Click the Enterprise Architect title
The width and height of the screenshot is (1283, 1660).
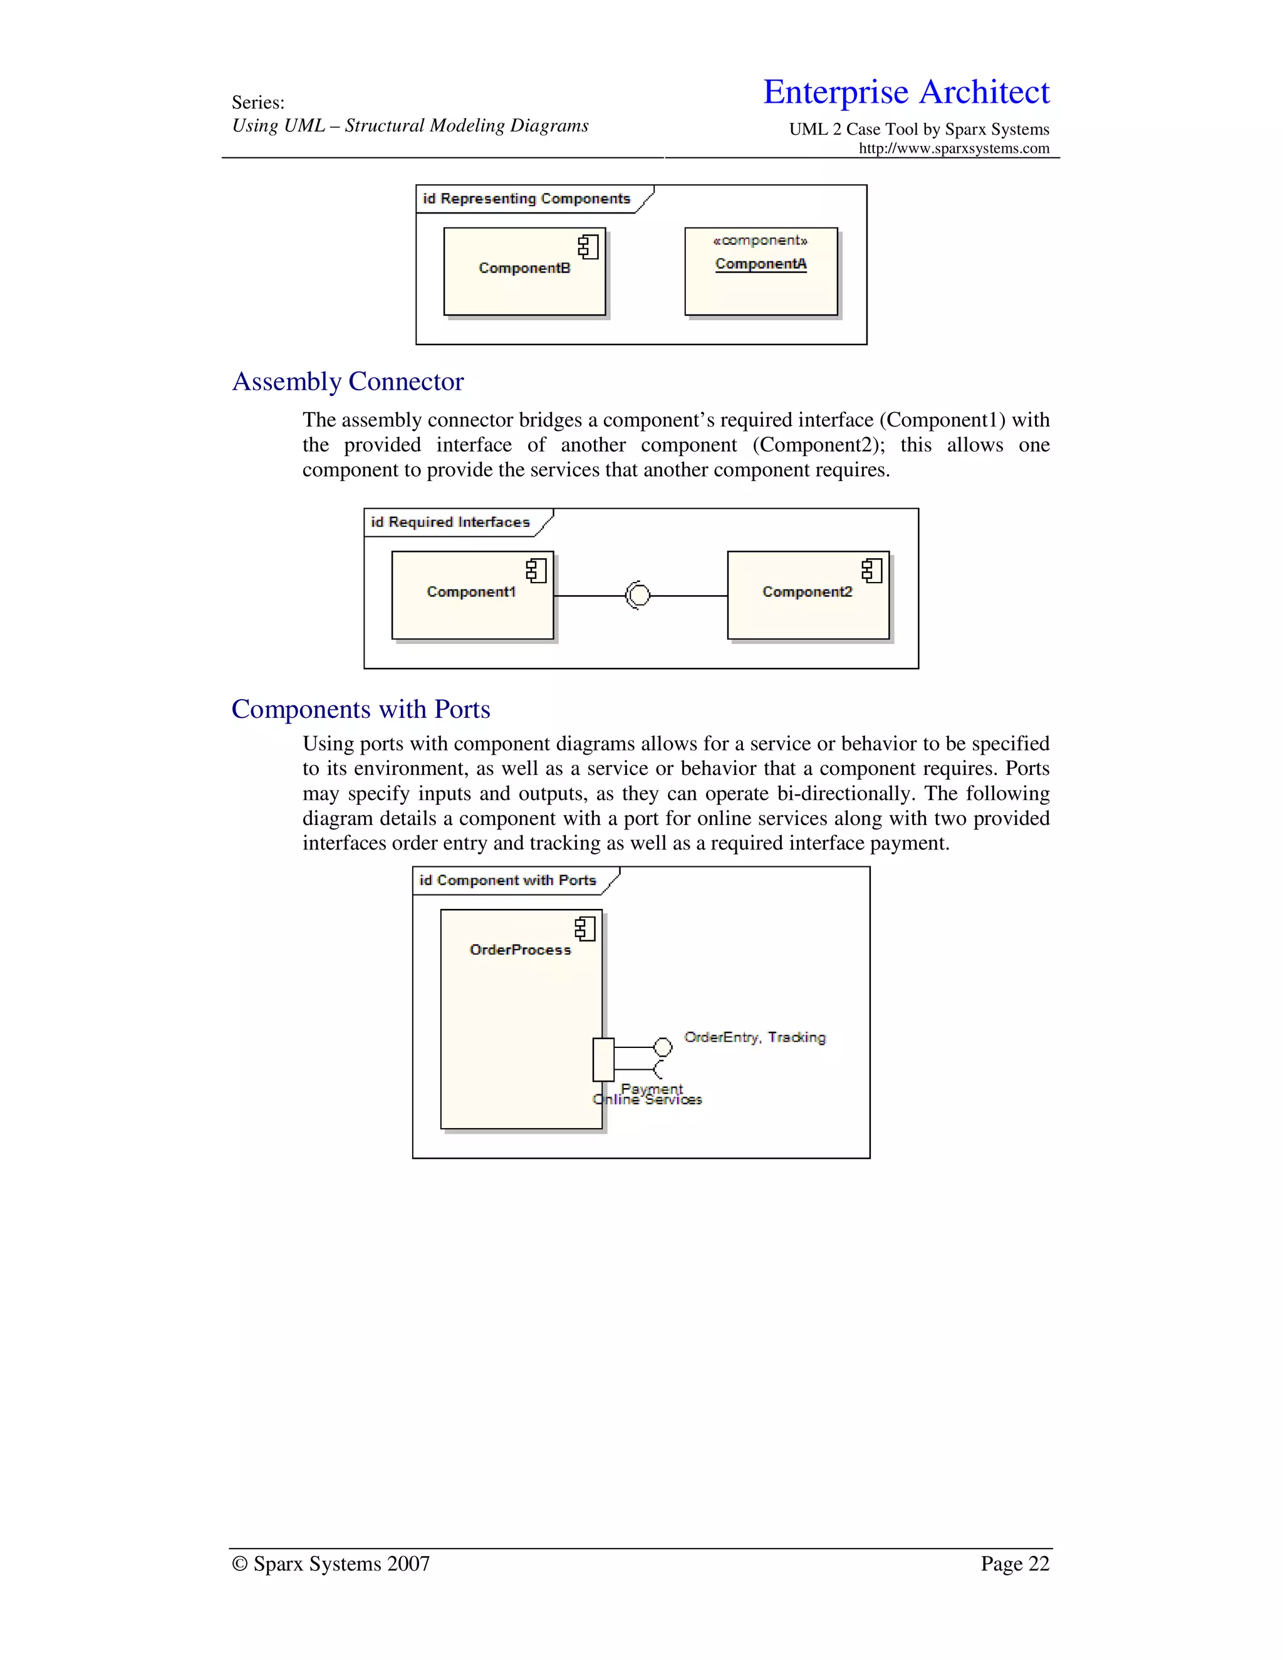[x=906, y=92]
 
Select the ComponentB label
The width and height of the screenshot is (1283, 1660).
[x=524, y=268]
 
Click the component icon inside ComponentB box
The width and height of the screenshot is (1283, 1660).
[x=588, y=246]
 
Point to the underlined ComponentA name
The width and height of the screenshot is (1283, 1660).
[x=760, y=264]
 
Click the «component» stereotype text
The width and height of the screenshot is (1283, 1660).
[x=760, y=240]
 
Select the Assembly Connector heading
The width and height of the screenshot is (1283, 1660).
[x=347, y=381]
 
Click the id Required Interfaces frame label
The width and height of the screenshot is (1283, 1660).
[x=450, y=522]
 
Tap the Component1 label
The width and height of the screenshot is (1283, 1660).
[x=471, y=591]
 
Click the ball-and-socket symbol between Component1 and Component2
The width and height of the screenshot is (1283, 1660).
[x=638, y=595]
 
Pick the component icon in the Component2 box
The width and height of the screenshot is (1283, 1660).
[x=872, y=570]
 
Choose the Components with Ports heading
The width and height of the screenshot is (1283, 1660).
[x=360, y=709]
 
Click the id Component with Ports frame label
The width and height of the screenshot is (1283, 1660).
[x=507, y=880]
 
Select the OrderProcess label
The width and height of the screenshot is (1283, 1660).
[x=520, y=949]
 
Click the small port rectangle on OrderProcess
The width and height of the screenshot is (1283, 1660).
[x=603, y=1059]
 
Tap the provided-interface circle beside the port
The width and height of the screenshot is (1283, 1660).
[x=663, y=1047]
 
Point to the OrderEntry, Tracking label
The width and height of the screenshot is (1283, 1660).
[x=755, y=1037]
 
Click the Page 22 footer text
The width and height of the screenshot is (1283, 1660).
[x=1014, y=1564]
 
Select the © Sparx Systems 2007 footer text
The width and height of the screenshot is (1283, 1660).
[x=331, y=1564]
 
